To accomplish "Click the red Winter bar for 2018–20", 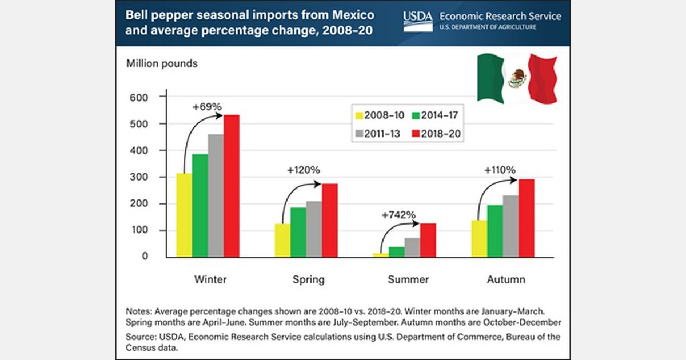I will (x=231, y=185).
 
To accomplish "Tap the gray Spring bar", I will (x=314, y=229).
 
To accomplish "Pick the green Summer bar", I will (x=396, y=251).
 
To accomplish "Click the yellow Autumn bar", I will (x=479, y=238).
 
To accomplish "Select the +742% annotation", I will (x=399, y=215).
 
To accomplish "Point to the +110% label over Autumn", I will (x=500, y=170).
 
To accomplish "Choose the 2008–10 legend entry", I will (x=378, y=114).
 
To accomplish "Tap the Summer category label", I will (x=408, y=279).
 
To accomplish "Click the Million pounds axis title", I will (x=162, y=63).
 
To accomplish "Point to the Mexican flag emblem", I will (x=517, y=78).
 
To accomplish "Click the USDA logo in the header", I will (x=417, y=21).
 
